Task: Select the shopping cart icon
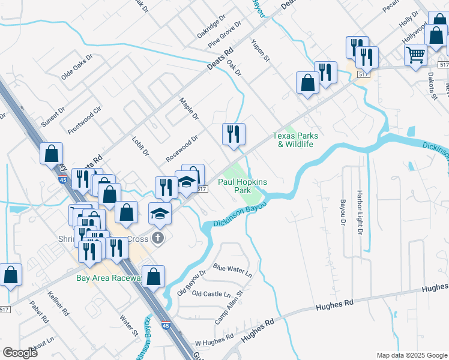[x=415, y=55]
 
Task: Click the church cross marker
[x=158, y=238]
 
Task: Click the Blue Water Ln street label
[x=232, y=269]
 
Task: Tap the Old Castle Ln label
[x=211, y=294]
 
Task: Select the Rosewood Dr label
[x=182, y=149]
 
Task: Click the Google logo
[x=20, y=353]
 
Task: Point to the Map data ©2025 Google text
[x=412, y=355]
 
